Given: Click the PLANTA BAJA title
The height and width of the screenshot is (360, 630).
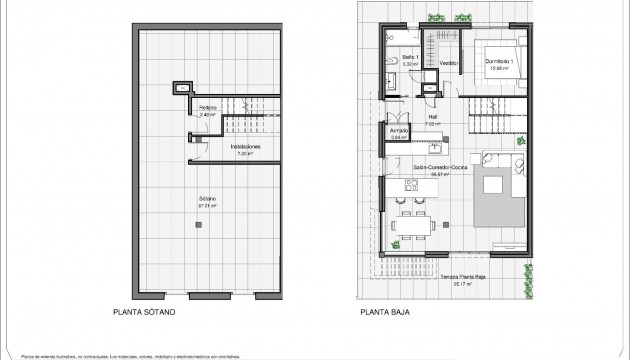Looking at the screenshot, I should tap(388, 311).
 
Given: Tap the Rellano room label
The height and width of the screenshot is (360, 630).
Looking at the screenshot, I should tap(207, 107).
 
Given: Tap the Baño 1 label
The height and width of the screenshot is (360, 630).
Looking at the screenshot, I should tap(410, 58).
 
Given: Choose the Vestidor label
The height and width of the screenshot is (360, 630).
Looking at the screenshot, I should tap(450, 63).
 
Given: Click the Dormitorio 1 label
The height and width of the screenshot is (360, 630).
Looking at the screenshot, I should tap(499, 62).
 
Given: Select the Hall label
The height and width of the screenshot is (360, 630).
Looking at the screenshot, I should tap(433, 116).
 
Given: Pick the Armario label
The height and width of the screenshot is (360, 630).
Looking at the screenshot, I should tap(395, 132).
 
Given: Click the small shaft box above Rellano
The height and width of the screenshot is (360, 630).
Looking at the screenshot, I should tap(181, 88).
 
